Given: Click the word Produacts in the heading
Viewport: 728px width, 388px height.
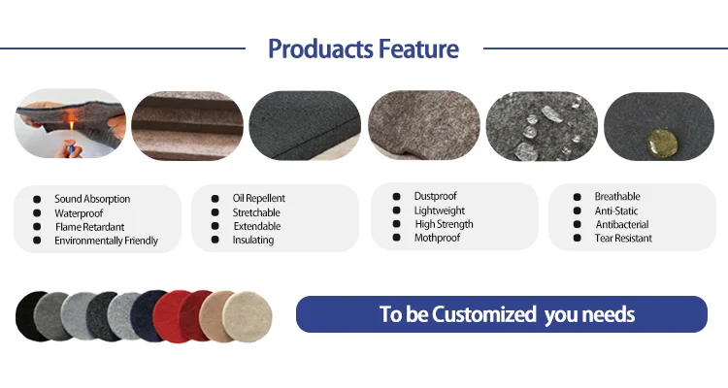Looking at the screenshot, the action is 321,48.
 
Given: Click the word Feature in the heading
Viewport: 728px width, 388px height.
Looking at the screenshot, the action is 418,48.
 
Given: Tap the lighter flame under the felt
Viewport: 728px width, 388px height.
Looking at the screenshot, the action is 73,126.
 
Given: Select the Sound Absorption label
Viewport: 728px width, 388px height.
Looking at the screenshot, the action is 92,199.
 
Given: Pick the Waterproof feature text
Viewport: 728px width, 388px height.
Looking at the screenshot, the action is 79,213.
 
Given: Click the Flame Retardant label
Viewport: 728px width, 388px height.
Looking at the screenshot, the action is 89,227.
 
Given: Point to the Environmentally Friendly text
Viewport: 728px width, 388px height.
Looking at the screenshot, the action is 107,241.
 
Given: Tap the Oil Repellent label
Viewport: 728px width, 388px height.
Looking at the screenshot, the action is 258,198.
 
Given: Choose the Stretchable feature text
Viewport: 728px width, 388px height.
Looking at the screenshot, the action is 256,212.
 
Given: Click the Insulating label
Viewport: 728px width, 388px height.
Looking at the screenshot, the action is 253,240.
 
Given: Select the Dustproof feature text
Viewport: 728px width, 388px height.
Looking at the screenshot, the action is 436,196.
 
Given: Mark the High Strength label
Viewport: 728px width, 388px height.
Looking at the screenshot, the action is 444,224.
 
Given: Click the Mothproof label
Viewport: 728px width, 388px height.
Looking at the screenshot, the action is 438,238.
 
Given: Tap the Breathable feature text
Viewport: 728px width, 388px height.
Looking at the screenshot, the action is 617,196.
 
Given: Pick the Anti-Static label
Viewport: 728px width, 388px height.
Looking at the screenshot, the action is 616,210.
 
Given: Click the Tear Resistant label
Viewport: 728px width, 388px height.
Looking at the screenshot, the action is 623,238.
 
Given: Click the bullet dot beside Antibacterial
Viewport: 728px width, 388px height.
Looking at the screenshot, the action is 578,224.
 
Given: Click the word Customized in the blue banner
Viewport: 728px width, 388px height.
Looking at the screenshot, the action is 484,314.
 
